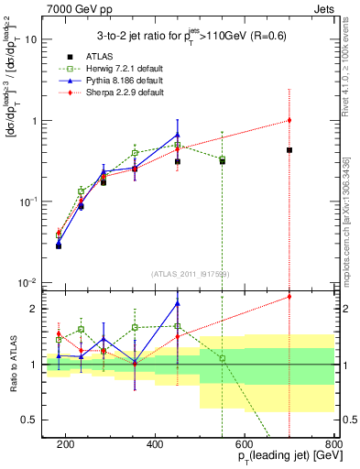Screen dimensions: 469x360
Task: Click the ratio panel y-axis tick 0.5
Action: pos(31,420)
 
